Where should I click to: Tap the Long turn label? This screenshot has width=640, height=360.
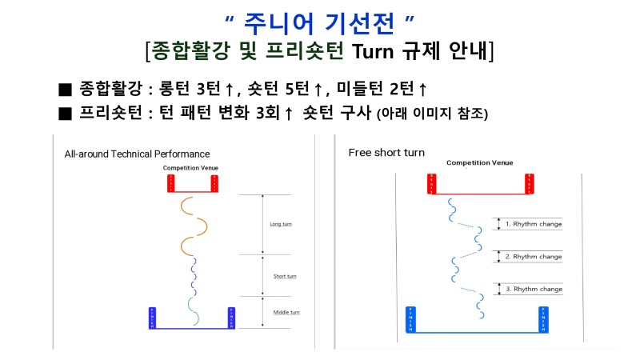click(x=281, y=224)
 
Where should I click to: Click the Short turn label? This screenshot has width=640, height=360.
click(x=285, y=276)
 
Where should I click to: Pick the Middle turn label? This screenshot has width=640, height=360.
click(x=286, y=312)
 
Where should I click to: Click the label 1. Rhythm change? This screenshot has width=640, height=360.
click(x=533, y=224)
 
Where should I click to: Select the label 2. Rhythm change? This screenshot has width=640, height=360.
click(x=533, y=257)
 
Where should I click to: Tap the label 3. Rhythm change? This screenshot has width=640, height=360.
click(x=533, y=288)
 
